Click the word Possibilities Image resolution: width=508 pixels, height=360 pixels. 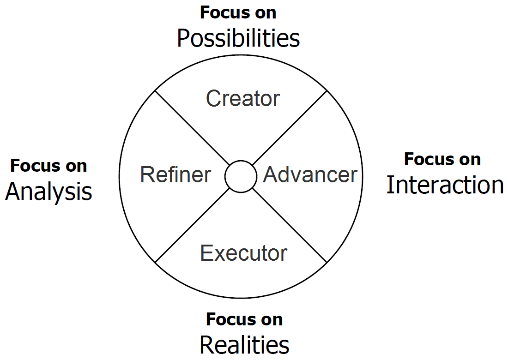238,39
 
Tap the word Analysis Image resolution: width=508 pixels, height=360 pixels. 48,192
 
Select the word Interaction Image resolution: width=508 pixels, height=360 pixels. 445,185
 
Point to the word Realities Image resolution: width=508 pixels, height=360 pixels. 244,344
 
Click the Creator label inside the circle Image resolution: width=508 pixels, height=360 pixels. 243,98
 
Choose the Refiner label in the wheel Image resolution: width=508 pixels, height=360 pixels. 175,175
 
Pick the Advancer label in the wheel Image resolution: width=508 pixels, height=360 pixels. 310,175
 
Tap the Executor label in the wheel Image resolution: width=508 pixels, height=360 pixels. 243,253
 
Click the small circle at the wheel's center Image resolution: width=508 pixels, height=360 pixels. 241,176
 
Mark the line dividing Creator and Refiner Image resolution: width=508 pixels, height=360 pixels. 192,127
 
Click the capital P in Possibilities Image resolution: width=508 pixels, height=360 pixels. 183,39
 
